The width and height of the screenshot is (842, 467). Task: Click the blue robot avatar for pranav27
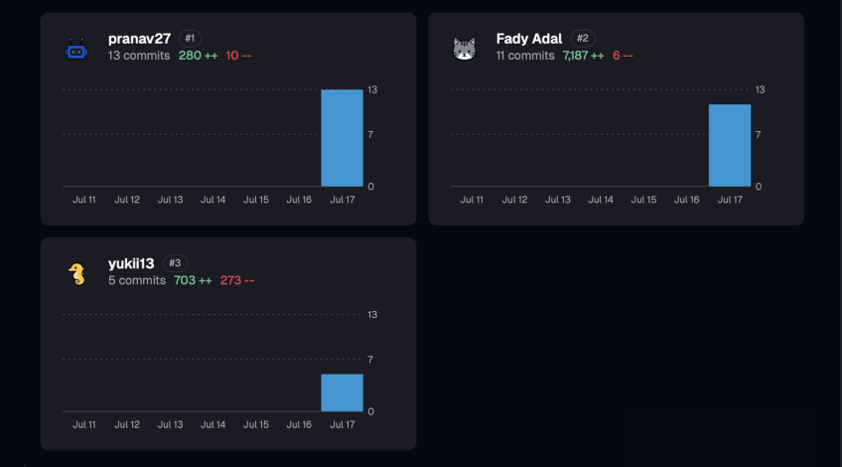click(76, 50)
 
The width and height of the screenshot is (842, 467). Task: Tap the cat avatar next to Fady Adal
click(465, 49)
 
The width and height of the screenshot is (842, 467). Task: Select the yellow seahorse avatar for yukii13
click(76, 274)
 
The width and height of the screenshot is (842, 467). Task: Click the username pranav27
click(140, 39)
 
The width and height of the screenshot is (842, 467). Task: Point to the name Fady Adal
click(529, 39)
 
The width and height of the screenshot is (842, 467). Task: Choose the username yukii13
click(131, 263)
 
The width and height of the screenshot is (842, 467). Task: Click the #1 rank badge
click(190, 38)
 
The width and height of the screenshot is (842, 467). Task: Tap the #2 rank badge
click(583, 38)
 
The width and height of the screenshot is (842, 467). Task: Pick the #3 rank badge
click(175, 262)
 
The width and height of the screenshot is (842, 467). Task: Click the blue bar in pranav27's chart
click(342, 138)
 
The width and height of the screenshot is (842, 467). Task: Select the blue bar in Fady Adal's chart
click(730, 146)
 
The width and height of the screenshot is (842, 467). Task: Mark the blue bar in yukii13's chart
click(342, 392)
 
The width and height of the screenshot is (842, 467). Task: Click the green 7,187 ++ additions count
click(583, 56)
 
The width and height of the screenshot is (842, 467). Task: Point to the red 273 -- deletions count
click(237, 280)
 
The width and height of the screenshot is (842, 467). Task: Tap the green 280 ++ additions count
click(199, 56)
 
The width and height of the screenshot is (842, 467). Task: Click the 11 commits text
click(525, 56)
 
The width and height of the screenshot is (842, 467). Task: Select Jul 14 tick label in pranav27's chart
click(213, 200)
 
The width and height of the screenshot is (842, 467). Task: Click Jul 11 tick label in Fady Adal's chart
click(472, 200)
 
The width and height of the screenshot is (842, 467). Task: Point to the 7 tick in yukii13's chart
click(370, 360)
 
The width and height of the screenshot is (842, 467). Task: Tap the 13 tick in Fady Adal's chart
click(760, 89)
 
